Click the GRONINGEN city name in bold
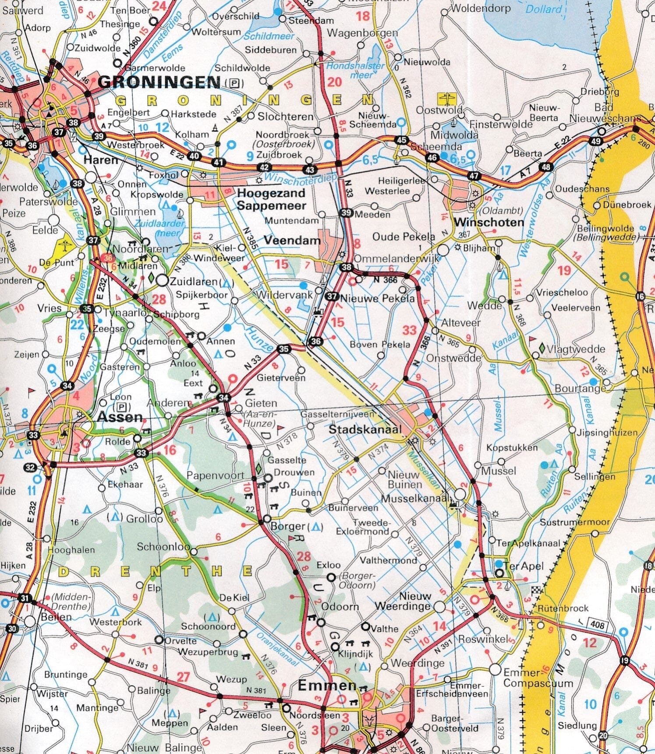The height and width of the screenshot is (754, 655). coord(159,82)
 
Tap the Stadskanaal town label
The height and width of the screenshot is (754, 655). coord(365,429)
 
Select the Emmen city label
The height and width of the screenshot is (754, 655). coord(327,686)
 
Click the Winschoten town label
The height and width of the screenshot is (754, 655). coord(489,222)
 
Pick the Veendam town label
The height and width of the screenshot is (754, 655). coord(292,240)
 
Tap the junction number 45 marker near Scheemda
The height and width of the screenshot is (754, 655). coord(402,140)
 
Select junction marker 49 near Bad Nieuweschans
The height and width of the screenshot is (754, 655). coord(595,141)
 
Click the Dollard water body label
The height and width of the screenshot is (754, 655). coord(544,9)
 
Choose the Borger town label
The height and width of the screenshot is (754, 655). coord(288,526)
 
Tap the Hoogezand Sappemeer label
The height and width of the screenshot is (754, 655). coord(271,199)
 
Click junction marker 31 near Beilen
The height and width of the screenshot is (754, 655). coord(25,598)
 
